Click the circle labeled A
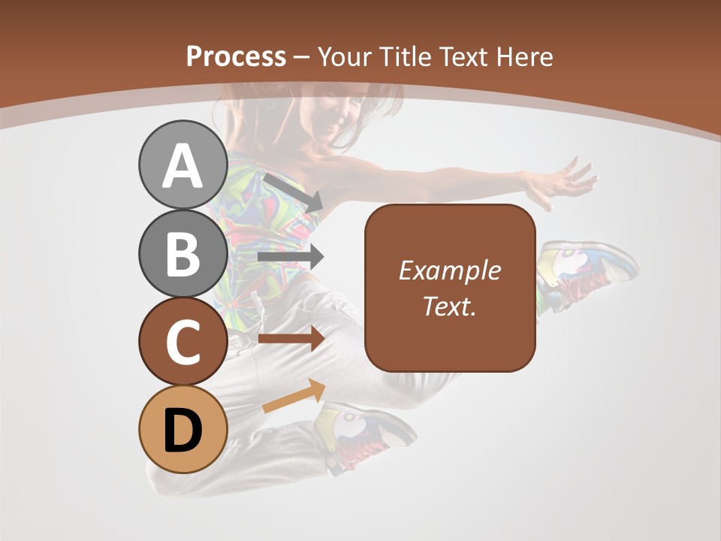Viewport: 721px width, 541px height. [x=183, y=166]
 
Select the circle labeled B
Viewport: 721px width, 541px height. [x=183, y=253]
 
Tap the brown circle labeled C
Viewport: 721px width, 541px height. [x=183, y=341]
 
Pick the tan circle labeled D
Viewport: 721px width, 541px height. [x=183, y=429]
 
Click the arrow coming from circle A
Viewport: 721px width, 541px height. [x=294, y=192]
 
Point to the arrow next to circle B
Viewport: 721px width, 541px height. [x=291, y=257]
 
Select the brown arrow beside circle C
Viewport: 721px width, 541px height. [x=291, y=339]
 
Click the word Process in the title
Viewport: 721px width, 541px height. [x=236, y=56]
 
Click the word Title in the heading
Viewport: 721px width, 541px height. [x=404, y=56]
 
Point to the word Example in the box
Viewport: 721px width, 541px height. [x=449, y=270]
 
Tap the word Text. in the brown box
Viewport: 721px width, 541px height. [x=449, y=306]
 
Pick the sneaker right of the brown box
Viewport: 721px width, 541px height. [x=586, y=274]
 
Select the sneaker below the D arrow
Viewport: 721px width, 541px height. [x=366, y=436]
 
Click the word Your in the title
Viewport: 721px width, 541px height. [x=344, y=56]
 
